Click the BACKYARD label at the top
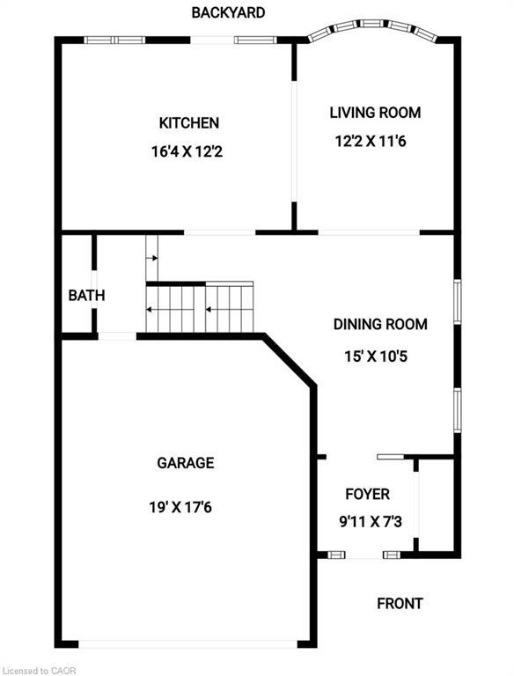pyautogui.click(x=228, y=13)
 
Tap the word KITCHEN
pyautogui.click(x=188, y=123)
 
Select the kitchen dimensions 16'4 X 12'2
pyautogui.click(x=188, y=151)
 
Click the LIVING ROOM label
pyautogui.click(x=375, y=113)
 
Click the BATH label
pyautogui.click(x=86, y=296)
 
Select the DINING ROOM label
pyautogui.click(x=379, y=324)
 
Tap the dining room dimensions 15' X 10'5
pyautogui.click(x=379, y=356)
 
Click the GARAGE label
pyautogui.click(x=185, y=463)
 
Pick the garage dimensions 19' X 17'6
pyautogui.click(x=185, y=507)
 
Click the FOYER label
pyautogui.click(x=367, y=494)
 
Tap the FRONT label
pyautogui.click(x=400, y=603)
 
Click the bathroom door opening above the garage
pyautogui.click(x=117, y=335)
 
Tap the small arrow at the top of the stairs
pyautogui.click(x=152, y=258)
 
